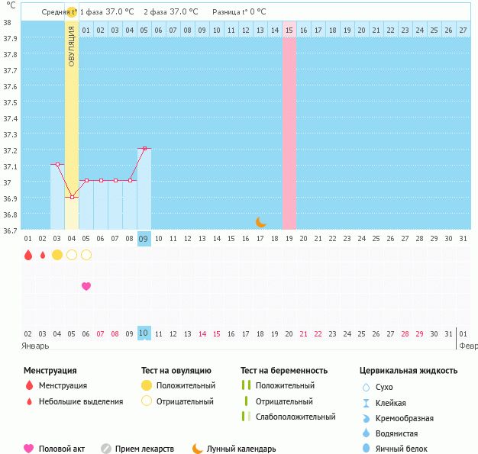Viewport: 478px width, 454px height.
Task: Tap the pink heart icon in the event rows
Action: pos(86,286)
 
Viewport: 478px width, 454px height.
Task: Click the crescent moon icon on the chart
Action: pos(261,222)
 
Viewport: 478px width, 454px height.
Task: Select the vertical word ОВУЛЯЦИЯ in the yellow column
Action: pos(72,46)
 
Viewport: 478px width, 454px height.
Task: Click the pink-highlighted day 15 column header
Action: pos(289,30)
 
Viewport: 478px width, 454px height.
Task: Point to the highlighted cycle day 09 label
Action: pos(144,239)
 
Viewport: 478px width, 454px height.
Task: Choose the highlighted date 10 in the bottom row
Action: pos(144,333)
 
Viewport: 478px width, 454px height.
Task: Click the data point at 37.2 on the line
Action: pos(144,148)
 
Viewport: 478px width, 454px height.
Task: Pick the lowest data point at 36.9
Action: pos(72,197)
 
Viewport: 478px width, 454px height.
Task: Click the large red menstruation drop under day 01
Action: pos(28,255)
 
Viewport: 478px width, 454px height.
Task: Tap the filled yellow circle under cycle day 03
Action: pos(57,255)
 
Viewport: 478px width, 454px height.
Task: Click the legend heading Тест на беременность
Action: pos(283,371)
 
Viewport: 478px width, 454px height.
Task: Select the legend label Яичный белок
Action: pos(407,449)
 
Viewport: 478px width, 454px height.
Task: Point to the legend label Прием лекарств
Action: pos(144,449)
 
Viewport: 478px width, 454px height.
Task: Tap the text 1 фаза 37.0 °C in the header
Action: pos(108,11)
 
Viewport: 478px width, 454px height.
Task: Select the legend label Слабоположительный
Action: pos(296,417)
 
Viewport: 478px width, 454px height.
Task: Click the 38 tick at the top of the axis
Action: pos(7,23)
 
